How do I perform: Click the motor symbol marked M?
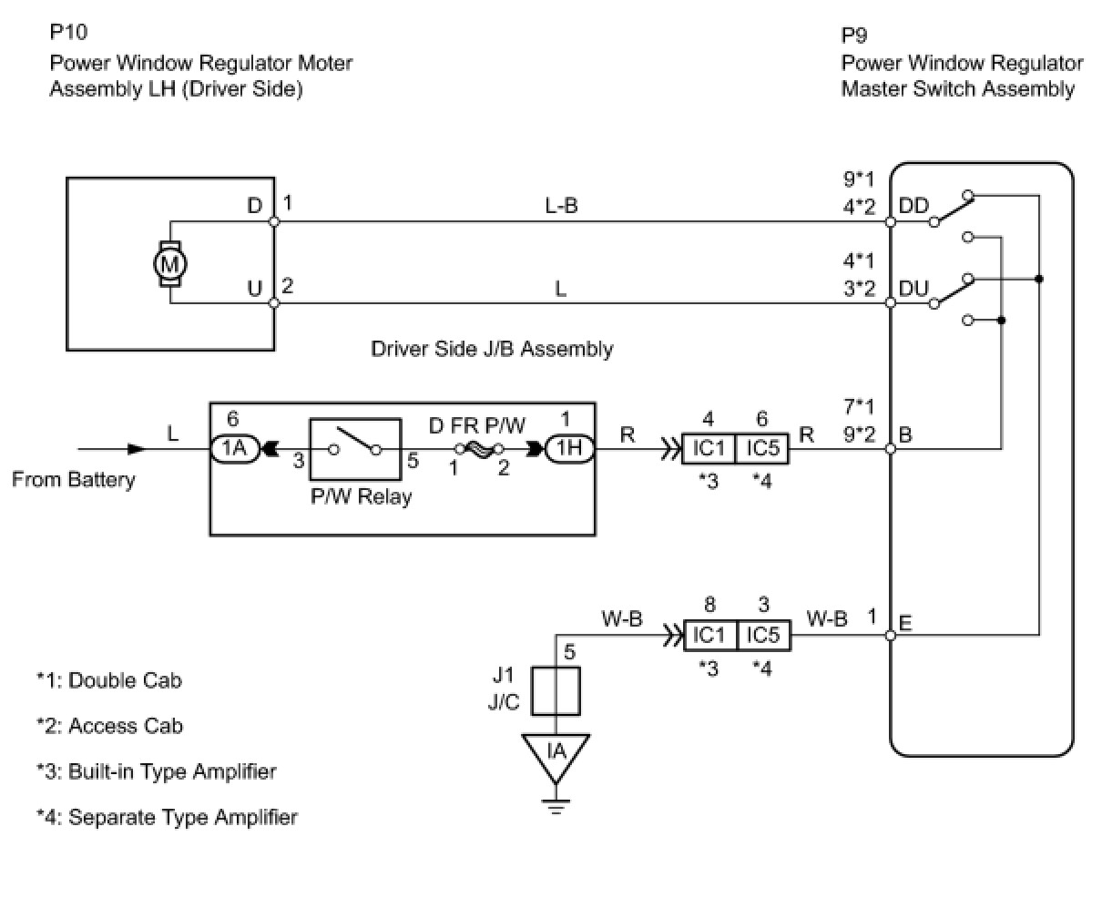tap(170, 264)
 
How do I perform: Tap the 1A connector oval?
tap(234, 448)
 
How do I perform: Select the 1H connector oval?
tap(569, 448)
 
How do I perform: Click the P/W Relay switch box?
tap(355, 449)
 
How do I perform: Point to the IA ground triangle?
tap(556, 757)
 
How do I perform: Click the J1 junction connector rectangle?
tap(556, 691)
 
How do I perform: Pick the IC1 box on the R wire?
tap(709, 448)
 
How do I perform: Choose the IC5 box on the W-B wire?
tap(763, 635)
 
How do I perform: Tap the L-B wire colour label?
tap(561, 206)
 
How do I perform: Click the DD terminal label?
tap(913, 206)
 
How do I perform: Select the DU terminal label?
tap(913, 288)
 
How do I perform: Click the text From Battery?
tap(74, 480)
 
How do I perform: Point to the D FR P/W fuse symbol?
tap(478, 448)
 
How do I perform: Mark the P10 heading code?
tap(69, 32)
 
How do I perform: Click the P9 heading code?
tap(854, 36)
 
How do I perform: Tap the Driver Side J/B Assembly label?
tap(492, 349)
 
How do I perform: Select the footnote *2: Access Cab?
tap(109, 726)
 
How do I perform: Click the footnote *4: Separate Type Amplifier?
tap(167, 817)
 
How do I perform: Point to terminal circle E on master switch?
tap(891, 635)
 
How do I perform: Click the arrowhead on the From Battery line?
tap(138, 448)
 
